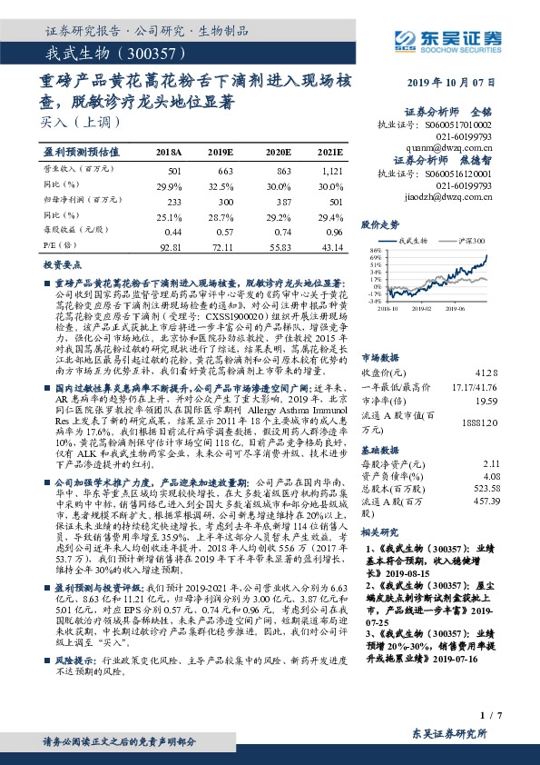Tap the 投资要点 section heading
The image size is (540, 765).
(63, 263)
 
